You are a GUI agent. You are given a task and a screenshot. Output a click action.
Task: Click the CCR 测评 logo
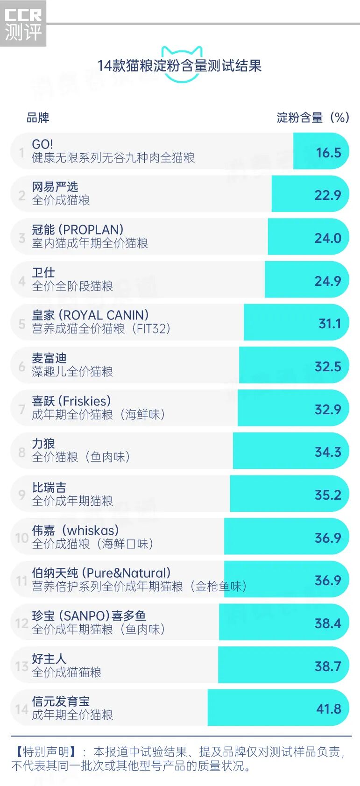(23, 23)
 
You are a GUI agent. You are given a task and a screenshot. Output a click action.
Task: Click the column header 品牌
(38, 118)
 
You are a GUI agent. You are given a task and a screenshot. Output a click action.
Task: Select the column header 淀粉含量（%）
(312, 118)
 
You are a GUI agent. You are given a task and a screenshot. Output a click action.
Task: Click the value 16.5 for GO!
(328, 153)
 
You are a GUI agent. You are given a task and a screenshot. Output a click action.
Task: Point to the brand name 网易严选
(55, 187)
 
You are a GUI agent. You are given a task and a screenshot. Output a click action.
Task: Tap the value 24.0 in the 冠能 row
(328, 238)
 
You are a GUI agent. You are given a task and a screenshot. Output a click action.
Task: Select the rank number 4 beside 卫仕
(22, 281)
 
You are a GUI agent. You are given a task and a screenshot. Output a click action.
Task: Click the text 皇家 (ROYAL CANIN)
(90, 315)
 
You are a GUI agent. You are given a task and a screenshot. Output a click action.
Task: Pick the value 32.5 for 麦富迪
(328, 367)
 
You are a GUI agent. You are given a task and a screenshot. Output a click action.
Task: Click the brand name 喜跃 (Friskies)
(71, 401)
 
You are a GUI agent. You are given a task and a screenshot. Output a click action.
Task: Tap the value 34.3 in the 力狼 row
(328, 452)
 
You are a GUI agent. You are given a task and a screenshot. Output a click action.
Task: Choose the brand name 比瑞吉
(49, 488)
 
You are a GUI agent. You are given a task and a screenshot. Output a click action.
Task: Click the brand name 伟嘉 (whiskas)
(75, 531)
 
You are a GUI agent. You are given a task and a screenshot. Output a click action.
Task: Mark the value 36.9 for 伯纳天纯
(328, 581)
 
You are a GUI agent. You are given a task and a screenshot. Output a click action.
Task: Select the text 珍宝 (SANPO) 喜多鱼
(89, 616)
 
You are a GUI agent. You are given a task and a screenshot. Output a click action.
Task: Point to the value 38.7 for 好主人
(328, 666)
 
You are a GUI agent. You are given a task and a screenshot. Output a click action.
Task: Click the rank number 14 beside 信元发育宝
(22, 709)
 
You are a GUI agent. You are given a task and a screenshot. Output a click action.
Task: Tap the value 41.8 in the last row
(329, 709)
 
